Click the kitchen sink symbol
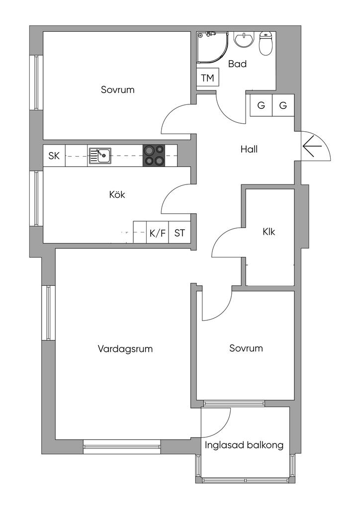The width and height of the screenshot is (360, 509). point(99,156)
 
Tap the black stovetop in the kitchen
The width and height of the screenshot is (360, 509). point(154,156)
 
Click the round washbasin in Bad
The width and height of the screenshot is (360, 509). point(244,40)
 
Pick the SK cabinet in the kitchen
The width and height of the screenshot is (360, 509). point(54,156)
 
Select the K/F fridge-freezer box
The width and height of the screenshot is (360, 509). point(158,233)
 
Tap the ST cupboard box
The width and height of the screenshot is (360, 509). point(180,233)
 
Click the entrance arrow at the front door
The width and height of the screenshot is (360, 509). point(312,146)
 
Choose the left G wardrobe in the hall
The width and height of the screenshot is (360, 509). point(261,105)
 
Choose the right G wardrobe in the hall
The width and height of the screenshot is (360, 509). point(283,105)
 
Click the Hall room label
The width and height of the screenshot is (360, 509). point(249,149)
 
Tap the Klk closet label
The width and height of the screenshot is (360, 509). point(269,232)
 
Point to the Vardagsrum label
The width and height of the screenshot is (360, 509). point(125,349)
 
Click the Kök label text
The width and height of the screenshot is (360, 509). point(117,195)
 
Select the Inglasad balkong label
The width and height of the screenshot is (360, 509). point(244,445)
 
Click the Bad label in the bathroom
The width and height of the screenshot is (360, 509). point(237,64)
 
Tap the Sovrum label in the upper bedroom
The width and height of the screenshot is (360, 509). point(117,89)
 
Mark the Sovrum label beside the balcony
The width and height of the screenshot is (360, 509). point(246,348)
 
